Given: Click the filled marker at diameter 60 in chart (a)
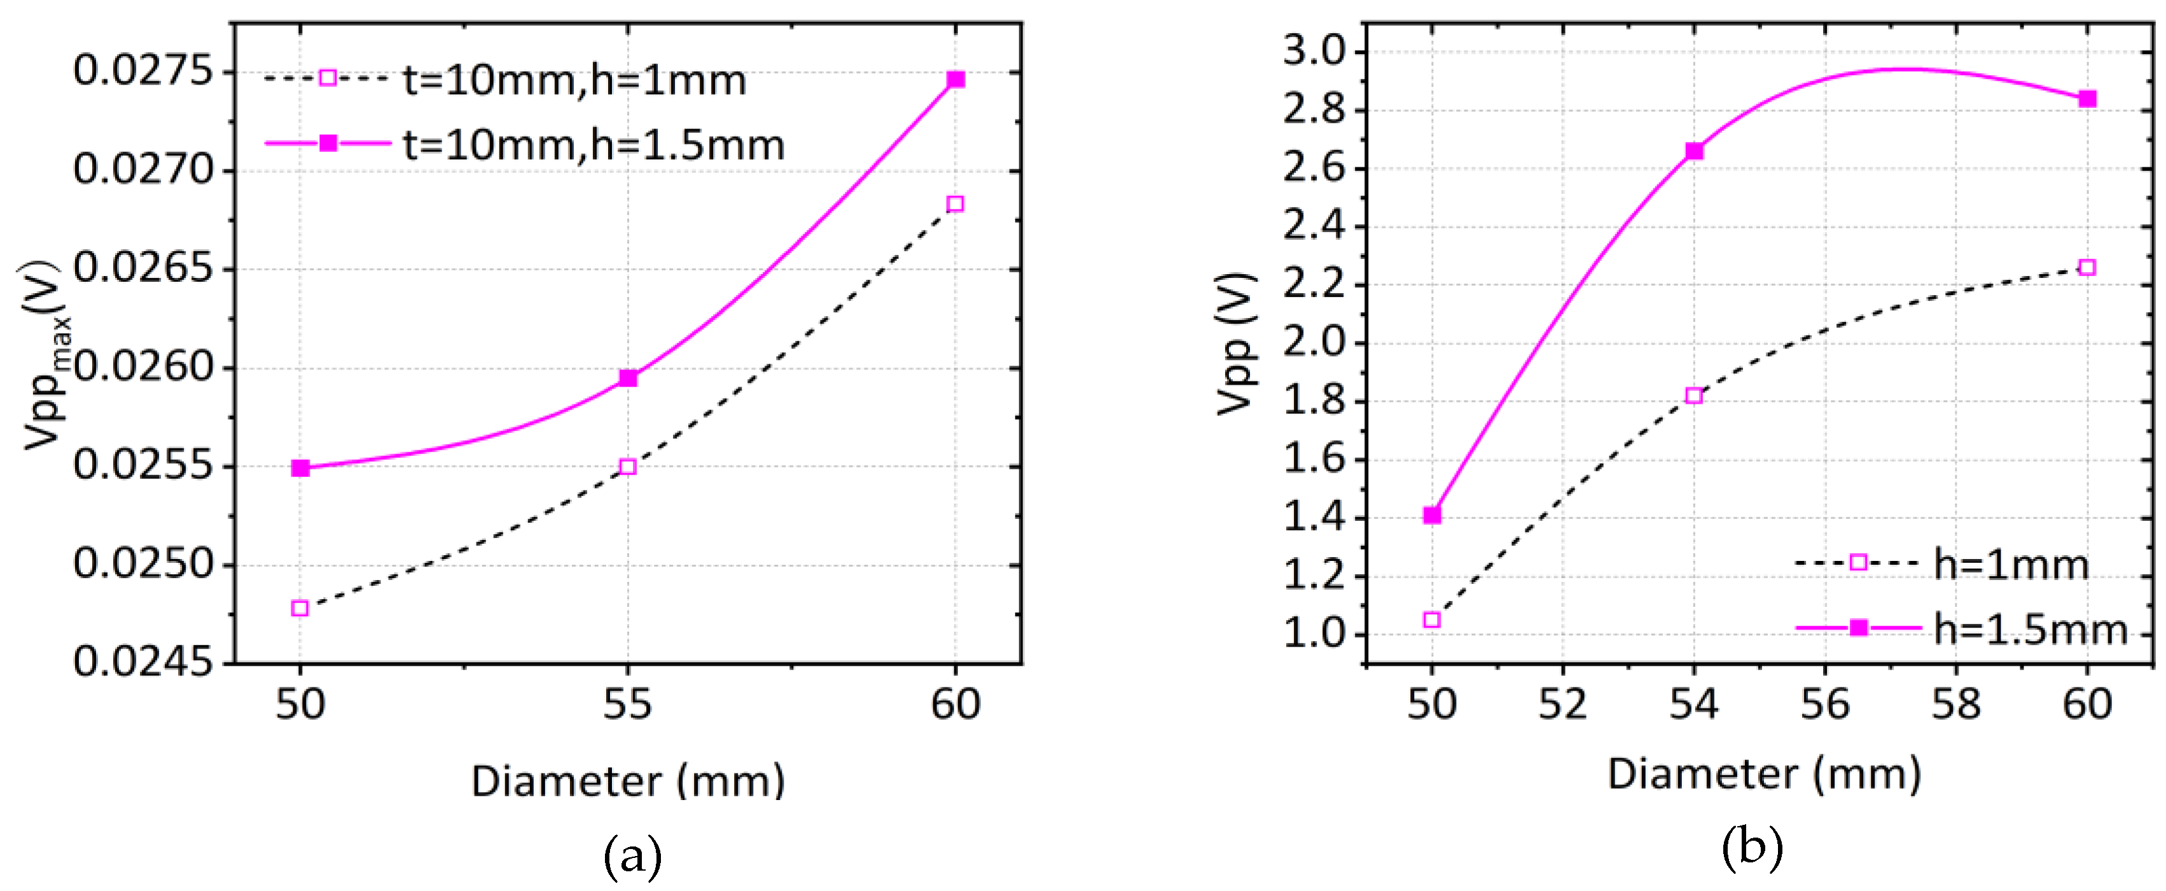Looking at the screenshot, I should [955, 80].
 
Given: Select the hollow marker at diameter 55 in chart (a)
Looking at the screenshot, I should [627, 467].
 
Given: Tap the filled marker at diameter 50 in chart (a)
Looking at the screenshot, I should [300, 467].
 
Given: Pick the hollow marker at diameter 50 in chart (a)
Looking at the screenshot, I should [300, 608].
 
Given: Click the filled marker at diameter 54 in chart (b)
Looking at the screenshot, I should [1694, 151].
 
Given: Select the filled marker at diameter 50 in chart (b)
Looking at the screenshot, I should [1432, 515].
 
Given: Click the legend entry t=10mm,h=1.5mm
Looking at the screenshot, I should [594, 146].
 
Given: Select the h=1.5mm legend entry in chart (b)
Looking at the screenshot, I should [2030, 630].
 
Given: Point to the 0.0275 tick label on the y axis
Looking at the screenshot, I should [144, 71].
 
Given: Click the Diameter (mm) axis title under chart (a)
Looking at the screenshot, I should [628, 780].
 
